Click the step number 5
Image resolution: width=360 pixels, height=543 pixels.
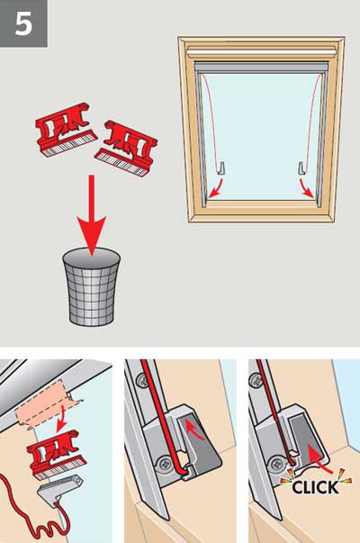(x=23, y=24)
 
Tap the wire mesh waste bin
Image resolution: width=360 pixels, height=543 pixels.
(x=92, y=286)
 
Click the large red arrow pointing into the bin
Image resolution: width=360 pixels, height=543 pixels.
(x=92, y=215)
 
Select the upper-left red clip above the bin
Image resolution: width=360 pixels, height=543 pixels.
(x=66, y=128)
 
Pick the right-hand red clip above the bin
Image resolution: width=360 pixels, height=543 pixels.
(x=126, y=149)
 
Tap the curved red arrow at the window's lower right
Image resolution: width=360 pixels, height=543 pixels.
(x=307, y=189)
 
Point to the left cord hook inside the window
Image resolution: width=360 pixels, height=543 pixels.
(x=222, y=168)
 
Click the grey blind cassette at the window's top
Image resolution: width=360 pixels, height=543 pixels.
(x=261, y=67)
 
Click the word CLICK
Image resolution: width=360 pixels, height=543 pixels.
(x=315, y=487)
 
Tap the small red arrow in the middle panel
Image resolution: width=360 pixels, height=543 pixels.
(x=195, y=430)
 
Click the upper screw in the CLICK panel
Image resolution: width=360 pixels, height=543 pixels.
(x=255, y=379)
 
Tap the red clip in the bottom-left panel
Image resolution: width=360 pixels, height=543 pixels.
(x=56, y=453)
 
